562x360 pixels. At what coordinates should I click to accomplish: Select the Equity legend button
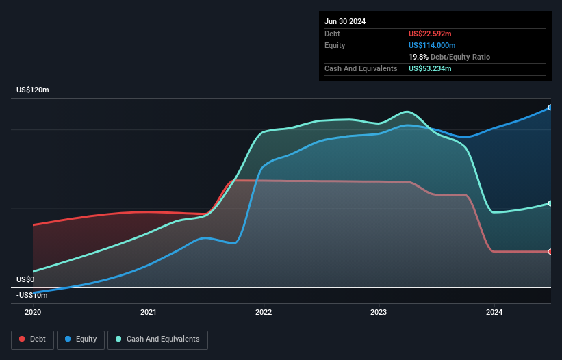[x=80, y=339]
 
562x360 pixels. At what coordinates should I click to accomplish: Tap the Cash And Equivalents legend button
[x=157, y=339]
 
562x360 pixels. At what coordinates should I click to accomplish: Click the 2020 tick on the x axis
[x=33, y=312]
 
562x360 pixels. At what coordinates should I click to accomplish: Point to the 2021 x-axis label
[x=149, y=312]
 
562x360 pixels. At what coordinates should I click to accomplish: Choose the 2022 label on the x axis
[x=264, y=312]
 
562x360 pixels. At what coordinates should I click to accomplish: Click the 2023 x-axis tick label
[x=379, y=312]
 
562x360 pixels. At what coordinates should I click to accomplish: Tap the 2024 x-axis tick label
[x=494, y=312]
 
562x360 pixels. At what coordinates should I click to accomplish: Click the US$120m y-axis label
[x=33, y=90]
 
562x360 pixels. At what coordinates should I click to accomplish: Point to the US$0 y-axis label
[x=25, y=279]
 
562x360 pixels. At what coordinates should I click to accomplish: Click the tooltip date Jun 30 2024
[x=345, y=21]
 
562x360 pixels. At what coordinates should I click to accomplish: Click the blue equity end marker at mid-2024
[x=550, y=107]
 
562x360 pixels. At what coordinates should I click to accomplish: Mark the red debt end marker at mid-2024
[x=550, y=252]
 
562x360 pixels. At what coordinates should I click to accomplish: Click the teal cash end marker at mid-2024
[x=550, y=203]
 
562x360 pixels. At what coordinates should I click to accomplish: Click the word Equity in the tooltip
[x=335, y=45]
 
